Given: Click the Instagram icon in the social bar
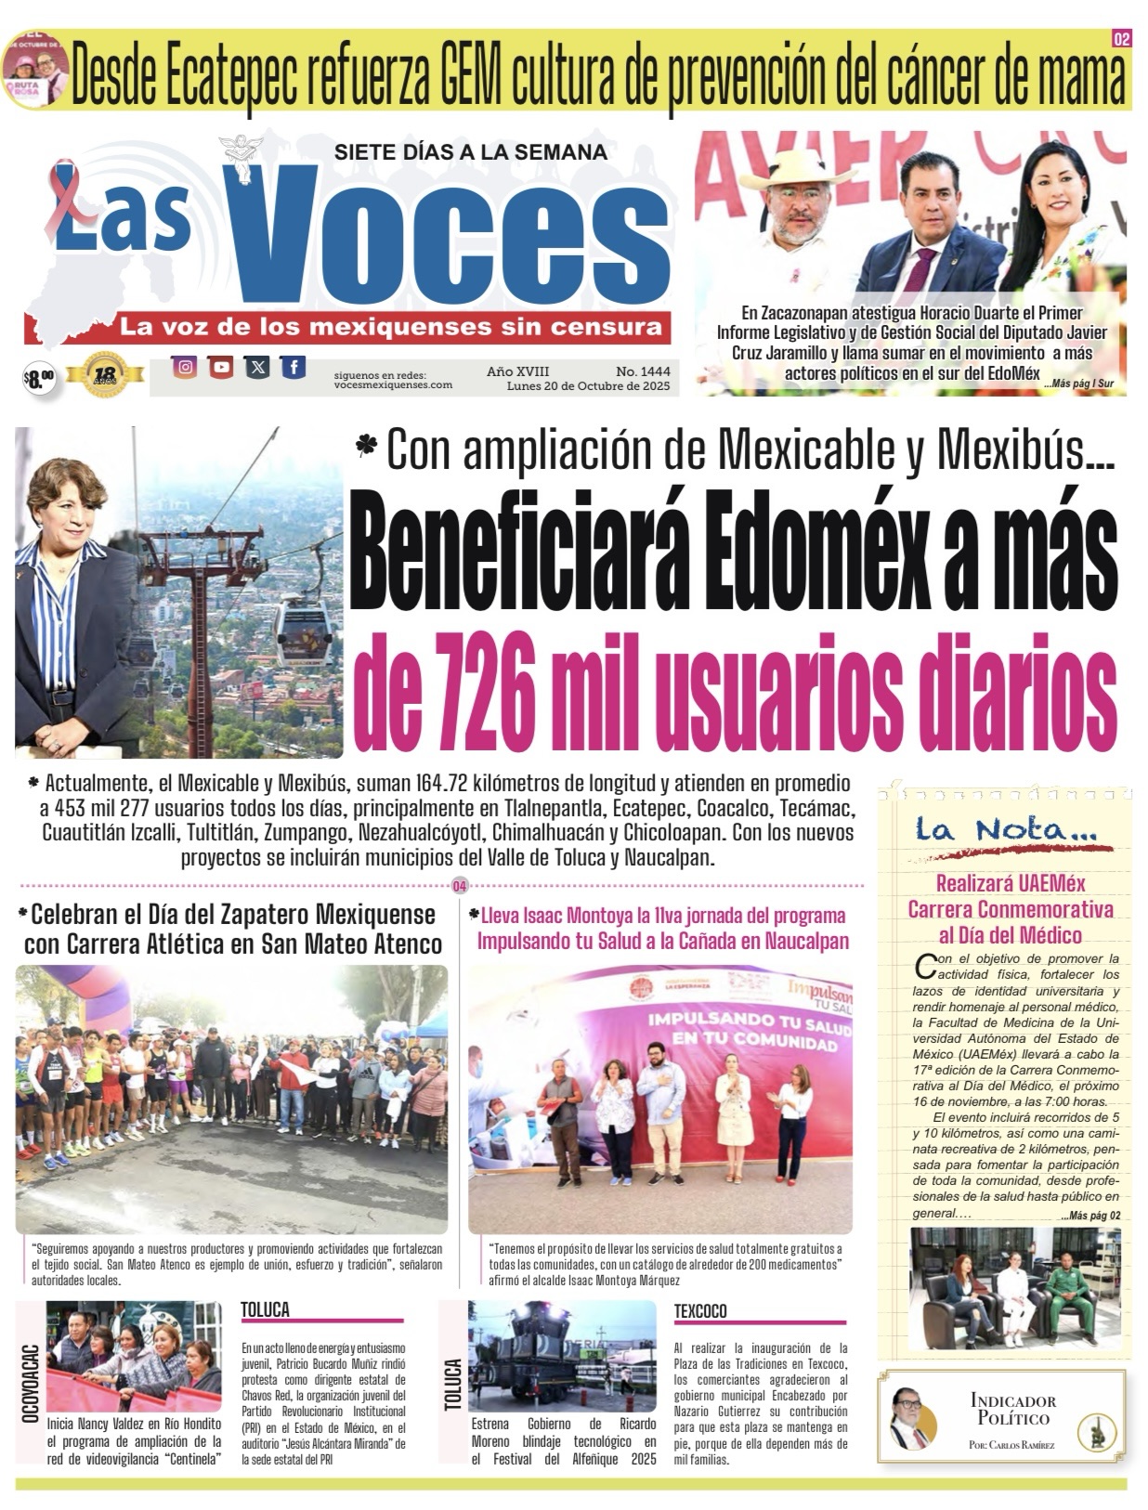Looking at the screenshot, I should click(x=186, y=368).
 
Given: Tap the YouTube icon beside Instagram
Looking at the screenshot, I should click(x=221, y=368).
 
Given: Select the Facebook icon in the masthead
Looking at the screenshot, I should click(x=293, y=368).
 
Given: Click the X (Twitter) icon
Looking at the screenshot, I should click(x=257, y=368).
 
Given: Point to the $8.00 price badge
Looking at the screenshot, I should click(x=39, y=377).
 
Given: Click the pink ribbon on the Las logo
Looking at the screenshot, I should click(x=69, y=196).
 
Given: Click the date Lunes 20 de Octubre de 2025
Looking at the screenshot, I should click(x=588, y=385).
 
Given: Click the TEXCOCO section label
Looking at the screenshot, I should click(x=700, y=1311).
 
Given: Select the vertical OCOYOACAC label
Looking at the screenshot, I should click(x=29, y=1384).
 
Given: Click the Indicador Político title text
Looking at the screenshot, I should click(x=1012, y=1409).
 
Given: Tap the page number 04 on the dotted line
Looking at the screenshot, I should click(x=458, y=886).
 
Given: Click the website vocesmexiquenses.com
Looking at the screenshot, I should click(x=393, y=384).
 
